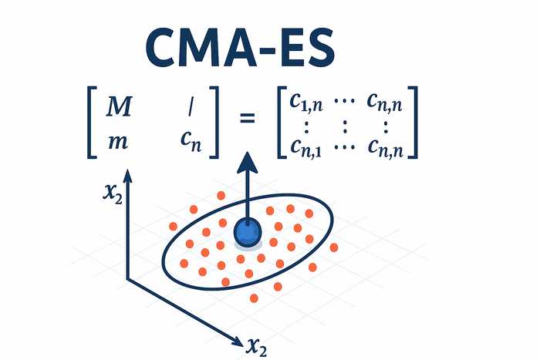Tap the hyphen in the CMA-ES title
(267, 49)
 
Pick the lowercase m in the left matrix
(118, 142)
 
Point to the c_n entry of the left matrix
(191, 142)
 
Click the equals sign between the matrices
(248, 119)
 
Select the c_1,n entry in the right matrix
(305, 103)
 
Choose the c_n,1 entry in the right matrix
(305, 148)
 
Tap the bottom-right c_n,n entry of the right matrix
(385, 148)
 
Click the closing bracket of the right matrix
(413, 122)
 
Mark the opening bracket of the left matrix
(93, 122)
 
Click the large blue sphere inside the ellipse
(248, 233)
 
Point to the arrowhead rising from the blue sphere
(248, 163)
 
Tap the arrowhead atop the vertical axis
(128, 176)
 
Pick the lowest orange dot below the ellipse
(254, 298)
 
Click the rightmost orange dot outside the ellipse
(334, 247)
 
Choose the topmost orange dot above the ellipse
(221, 196)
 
